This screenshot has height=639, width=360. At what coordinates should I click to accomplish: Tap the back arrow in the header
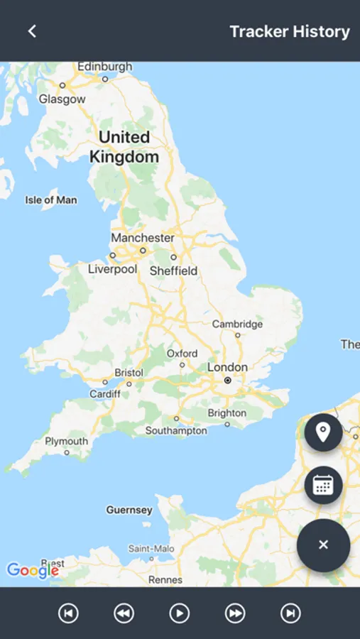(x=32, y=31)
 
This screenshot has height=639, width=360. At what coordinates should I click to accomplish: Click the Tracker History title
(x=290, y=32)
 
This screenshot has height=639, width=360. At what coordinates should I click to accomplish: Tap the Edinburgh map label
(x=104, y=67)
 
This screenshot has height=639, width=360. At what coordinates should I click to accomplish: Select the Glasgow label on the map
(x=62, y=99)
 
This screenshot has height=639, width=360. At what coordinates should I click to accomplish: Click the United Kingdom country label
(x=124, y=147)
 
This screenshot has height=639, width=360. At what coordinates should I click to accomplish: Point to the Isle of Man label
(x=51, y=200)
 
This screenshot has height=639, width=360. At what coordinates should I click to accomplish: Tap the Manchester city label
(x=142, y=238)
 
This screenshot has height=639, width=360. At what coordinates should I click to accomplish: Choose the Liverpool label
(x=112, y=269)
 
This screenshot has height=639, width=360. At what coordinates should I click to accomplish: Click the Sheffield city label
(x=173, y=271)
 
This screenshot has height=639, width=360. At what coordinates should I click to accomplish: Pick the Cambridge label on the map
(x=237, y=324)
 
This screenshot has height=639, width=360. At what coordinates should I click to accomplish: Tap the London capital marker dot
(x=227, y=381)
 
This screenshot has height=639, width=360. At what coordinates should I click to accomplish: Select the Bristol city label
(x=129, y=373)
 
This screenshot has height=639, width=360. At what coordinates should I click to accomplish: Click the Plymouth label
(x=66, y=441)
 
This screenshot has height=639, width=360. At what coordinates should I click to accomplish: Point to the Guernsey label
(x=129, y=510)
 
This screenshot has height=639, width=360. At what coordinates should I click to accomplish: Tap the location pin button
(x=323, y=432)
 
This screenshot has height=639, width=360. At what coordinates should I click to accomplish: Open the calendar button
(x=323, y=485)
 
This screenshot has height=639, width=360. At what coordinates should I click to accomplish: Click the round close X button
(x=323, y=545)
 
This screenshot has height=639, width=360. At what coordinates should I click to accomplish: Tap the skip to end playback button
(x=290, y=613)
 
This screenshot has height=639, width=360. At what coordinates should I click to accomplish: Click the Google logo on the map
(x=32, y=569)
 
